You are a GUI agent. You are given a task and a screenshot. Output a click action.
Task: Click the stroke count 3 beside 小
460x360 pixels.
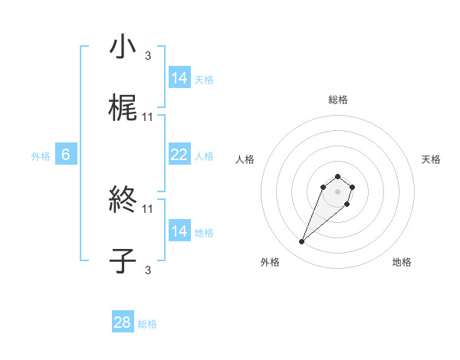click(147, 55)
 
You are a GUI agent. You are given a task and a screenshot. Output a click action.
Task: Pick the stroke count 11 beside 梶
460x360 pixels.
click(148, 117)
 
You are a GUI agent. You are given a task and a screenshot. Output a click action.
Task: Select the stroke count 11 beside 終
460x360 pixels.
click(148, 208)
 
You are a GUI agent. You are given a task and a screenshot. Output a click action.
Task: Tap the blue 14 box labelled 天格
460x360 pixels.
click(179, 78)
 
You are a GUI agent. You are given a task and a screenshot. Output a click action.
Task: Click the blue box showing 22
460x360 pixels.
click(179, 155)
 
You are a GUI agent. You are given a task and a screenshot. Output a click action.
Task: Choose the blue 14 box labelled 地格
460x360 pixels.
click(179, 232)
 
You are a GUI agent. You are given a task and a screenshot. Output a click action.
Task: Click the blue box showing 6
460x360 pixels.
click(66, 155)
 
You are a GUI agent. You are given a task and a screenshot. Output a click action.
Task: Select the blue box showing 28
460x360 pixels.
click(123, 322)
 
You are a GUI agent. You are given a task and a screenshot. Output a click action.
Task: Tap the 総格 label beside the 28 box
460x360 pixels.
click(147, 324)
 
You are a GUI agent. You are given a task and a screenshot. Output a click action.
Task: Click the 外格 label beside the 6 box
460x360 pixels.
click(41, 156)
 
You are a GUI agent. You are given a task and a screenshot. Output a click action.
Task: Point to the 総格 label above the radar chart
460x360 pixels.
click(338, 100)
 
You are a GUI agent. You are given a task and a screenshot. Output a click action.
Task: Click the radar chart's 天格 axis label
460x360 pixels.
click(431, 159)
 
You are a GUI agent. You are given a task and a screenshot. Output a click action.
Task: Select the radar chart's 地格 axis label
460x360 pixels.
click(402, 262)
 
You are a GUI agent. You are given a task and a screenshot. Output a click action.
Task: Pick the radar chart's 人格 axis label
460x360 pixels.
click(245, 159)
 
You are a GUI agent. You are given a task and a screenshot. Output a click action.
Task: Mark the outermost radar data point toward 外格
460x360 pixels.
click(301, 242)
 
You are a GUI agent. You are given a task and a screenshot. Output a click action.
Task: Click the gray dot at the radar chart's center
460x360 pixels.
click(337, 191)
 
